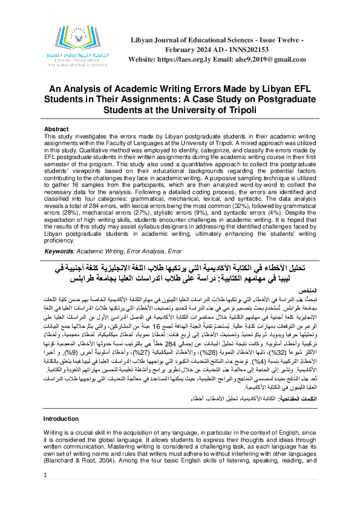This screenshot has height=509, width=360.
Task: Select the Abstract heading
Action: (x=57, y=129)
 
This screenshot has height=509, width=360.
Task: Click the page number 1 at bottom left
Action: (x=45, y=493)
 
